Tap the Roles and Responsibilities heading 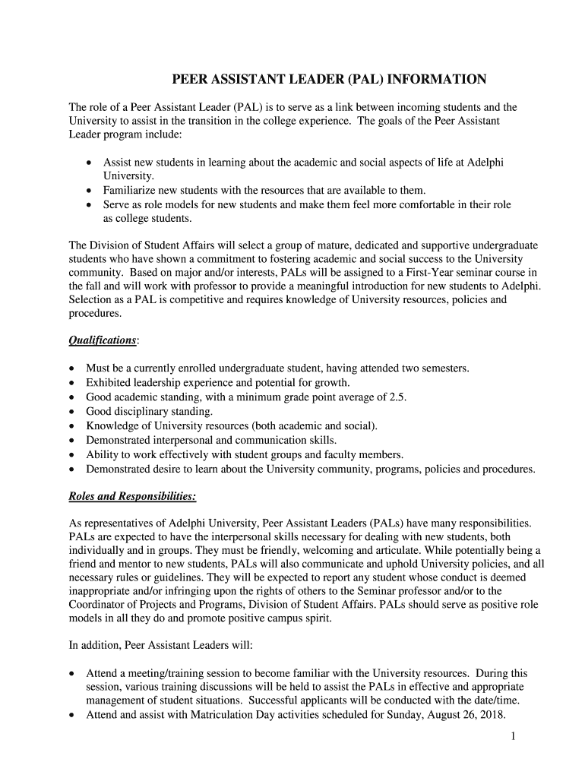click(x=133, y=497)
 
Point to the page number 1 click(x=514, y=737)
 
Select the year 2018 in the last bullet click(x=489, y=715)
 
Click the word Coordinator click(x=98, y=604)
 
